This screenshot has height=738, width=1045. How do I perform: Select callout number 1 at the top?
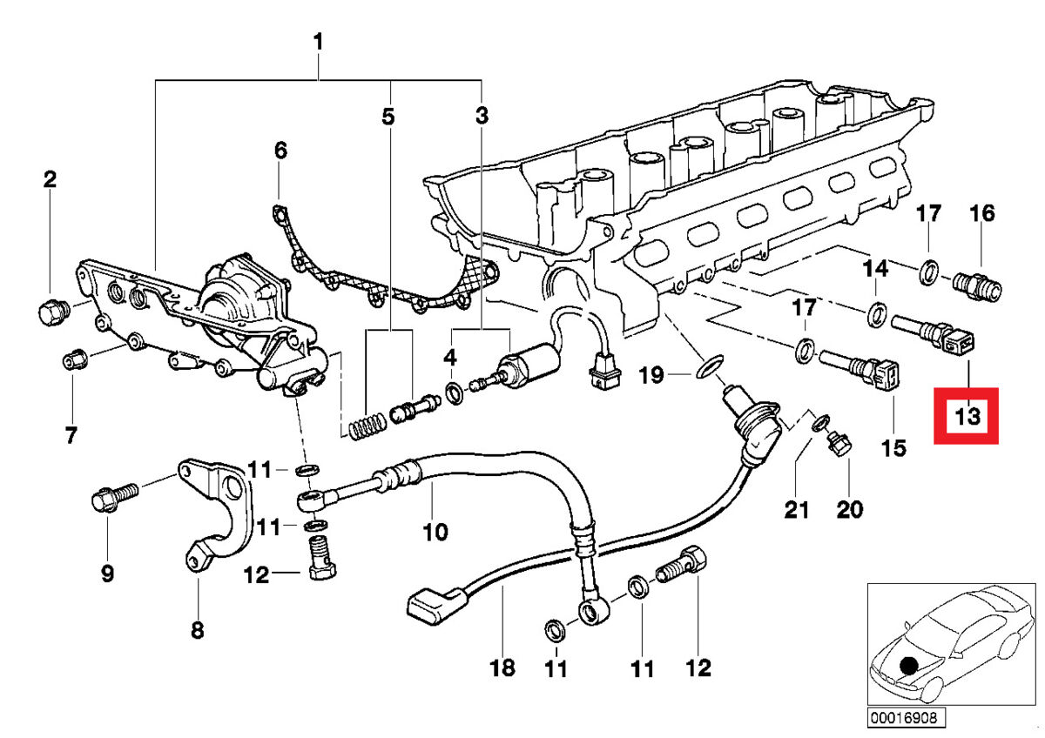(319, 41)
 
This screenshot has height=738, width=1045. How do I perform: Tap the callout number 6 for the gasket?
(280, 151)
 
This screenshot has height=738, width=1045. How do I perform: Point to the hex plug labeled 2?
(51, 309)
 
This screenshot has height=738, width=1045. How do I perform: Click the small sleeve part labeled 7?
(74, 358)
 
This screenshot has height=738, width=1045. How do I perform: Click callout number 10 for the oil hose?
(435, 529)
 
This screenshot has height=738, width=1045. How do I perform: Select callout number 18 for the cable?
(502, 668)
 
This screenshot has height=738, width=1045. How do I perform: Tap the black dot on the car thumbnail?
(908, 666)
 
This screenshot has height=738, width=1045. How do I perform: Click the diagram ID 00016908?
(906, 719)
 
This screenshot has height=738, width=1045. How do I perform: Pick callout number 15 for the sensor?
(893, 448)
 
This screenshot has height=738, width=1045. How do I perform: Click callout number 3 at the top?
(482, 115)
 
